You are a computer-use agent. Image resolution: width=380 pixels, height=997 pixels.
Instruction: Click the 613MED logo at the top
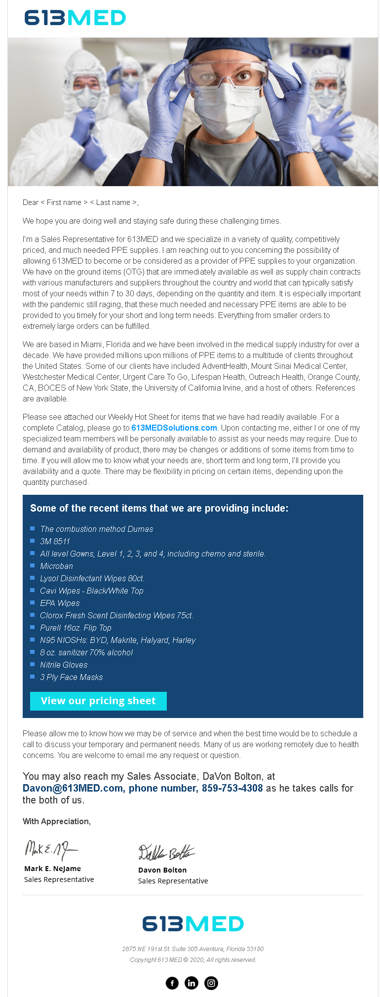[x=75, y=18]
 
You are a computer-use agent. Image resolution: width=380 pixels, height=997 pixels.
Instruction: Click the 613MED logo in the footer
[x=193, y=923]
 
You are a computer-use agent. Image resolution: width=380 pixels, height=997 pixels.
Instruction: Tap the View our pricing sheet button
[x=98, y=701]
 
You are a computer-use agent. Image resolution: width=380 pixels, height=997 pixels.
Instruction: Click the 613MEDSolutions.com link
[x=174, y=428]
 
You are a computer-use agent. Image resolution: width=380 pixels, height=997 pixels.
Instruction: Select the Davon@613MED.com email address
[x=73, y=788]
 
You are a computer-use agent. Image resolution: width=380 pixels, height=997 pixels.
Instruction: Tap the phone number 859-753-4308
[x=232, y=788]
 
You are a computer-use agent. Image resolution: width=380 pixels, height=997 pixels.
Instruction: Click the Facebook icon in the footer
[x=172, y=983]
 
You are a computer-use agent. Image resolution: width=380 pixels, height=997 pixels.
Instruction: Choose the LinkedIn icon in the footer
[x=191, y=983]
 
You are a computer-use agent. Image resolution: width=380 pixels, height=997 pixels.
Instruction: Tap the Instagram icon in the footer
[x=211, y=983]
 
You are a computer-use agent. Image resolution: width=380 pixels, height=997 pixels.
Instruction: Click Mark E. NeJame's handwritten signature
[x=51, y=850]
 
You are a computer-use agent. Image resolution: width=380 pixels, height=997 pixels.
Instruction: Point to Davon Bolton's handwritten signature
[x=166, y=852]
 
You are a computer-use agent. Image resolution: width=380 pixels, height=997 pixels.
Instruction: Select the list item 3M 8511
[x=55, y=541]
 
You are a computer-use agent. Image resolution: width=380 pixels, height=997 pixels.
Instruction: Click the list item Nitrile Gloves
[x=64, y=665]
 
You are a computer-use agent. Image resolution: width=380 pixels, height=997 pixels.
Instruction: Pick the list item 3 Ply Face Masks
[x=72, y=677]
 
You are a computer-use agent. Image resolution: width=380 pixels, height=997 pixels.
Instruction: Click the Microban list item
[x=56, y=566]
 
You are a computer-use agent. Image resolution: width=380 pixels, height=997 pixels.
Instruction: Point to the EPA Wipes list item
[x=60, y=603]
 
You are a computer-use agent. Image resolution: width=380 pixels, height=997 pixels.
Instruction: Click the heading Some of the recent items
[x=159, y=508]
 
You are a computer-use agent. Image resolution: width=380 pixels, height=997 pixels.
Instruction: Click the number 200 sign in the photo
[x=317, y=51]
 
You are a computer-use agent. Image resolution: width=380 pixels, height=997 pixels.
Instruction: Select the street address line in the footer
[x=193, y=949]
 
